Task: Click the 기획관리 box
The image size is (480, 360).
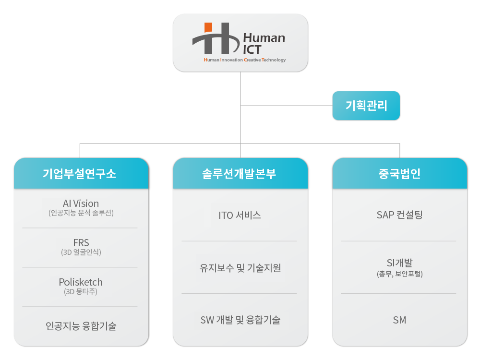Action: click(366, 106)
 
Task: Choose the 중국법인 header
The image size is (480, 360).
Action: click(399, 173)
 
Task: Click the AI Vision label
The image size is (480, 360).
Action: click(81, 203)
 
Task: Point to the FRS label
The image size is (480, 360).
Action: click(81, 243)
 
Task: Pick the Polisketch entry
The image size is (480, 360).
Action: click(81, 282)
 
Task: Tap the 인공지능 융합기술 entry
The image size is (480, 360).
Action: click(81, 326)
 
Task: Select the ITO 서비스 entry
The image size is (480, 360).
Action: click(240, 215)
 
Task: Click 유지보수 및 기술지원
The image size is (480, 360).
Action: click(240, 268)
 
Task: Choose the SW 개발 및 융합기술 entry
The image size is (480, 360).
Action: click(240, 320)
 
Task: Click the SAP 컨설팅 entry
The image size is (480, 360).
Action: click(399, 215)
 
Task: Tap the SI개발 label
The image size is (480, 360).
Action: click(399, 263)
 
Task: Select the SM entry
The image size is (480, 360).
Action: click(399, 320)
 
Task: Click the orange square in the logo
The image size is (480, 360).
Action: click(208, 27)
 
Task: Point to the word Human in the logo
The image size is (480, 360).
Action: click(264, 37)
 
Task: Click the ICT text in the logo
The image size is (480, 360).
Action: click(252, 49)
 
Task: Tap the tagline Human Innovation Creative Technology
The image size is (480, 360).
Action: click(245, 60)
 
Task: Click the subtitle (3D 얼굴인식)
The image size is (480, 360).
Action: click(81, 252)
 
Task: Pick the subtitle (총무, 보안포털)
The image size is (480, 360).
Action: click(399, 274)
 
